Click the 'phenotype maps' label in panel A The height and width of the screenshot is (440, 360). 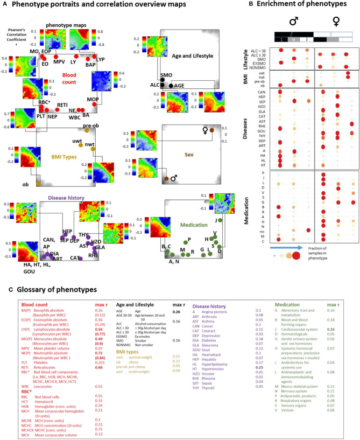coord(63,25)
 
